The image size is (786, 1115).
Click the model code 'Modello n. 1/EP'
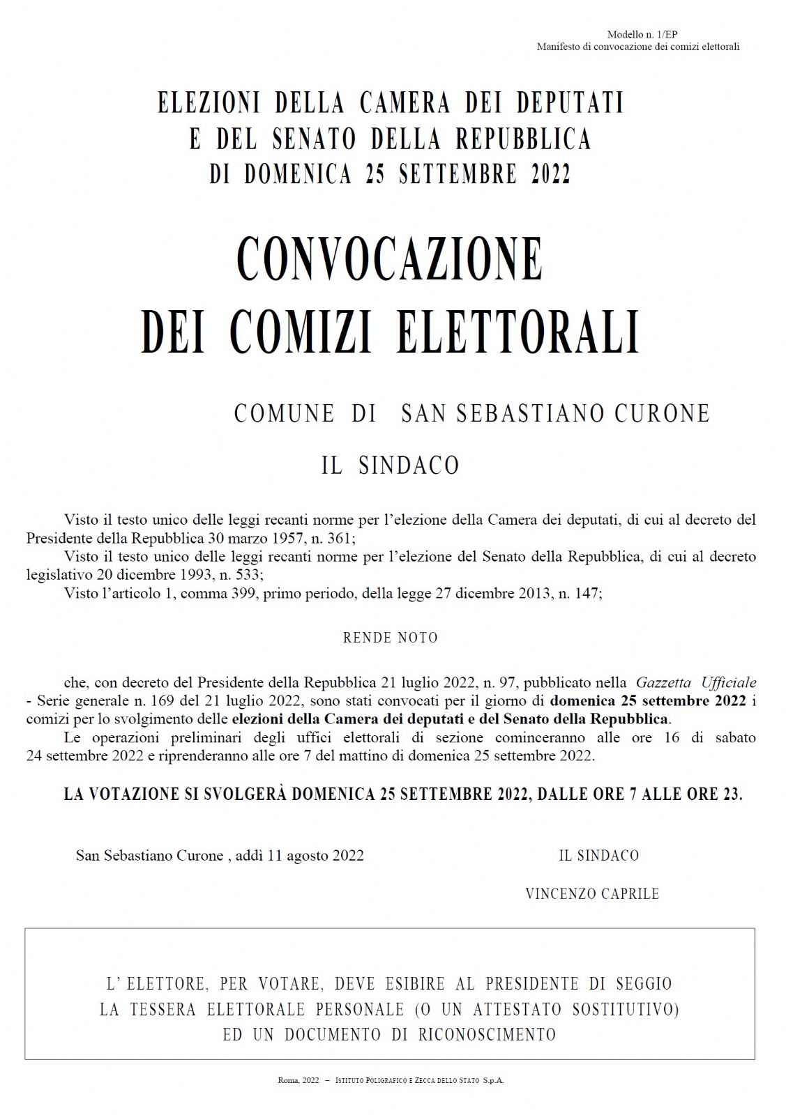pos(642,34)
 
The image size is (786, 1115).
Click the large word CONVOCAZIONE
pos(389,259)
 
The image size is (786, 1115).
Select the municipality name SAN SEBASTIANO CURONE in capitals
pos(555,413)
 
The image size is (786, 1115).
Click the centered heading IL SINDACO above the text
pos(390,466)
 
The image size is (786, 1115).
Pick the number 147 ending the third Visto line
pos(587,593)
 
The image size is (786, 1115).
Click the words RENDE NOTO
pos(390,638)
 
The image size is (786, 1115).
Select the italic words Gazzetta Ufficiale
pos(695,682)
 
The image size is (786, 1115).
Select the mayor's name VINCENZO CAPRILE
pos(592,894)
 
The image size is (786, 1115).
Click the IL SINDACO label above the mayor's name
pos(598,855)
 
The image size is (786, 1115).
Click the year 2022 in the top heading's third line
pos(551,174)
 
